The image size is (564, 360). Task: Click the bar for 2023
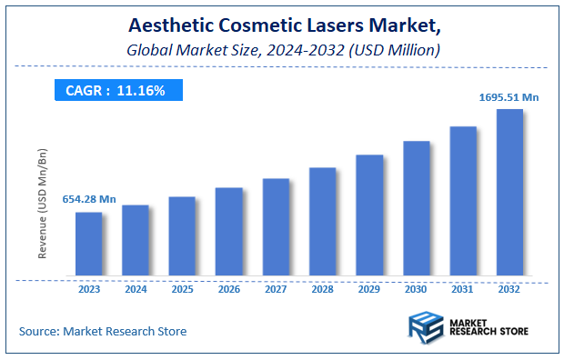coord(88,244)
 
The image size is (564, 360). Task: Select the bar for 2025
coord(182,236)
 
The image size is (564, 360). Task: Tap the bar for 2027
coord(276,227)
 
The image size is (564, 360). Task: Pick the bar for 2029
coord(369,215)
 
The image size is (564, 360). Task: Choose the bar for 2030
coord(416,208)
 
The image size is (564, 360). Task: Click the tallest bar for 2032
coord(509,193)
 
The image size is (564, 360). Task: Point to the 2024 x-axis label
coord(135,291)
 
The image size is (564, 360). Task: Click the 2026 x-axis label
coord(228,291)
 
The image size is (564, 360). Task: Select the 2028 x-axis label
coord(322,291)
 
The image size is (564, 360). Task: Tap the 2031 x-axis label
coord(463,291)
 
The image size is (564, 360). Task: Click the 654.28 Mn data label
coord(88,199)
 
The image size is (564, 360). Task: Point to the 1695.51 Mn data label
coord(509,96)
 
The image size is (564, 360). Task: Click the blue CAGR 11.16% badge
coord(118,90)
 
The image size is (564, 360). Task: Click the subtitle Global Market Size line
coord(282,50)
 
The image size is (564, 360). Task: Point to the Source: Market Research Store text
coord(102,331)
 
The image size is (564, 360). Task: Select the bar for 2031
coord(463,201)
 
